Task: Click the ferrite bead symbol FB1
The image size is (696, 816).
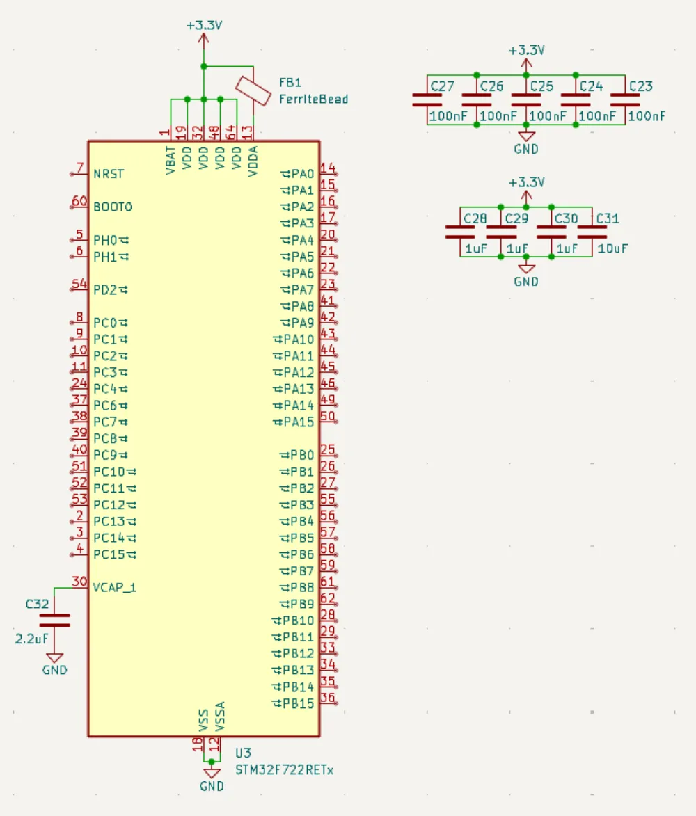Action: (x=252, y=90)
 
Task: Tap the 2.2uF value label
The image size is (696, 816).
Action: (x=32, y=637)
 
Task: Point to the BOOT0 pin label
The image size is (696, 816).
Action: (x=112, y=207)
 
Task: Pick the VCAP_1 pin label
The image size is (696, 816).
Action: (x=115, y=588)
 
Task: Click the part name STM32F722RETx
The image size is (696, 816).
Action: (x=285, y=770)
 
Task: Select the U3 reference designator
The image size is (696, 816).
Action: (x=243, y=753)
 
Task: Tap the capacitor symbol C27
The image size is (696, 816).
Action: (x=427, y=100)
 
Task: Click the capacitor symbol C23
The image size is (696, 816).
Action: (x=625, y=100)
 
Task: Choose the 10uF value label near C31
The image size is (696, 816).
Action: (x=613, y=248)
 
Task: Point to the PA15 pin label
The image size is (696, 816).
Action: (x=299, y=422)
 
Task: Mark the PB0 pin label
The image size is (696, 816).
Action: (x=302, y=456)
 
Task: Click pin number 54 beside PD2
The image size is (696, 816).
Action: (x=79, y=284)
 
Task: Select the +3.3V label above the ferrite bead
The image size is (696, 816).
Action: (x=203, y=26)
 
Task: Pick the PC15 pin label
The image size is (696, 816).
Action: (x=109, y=554)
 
